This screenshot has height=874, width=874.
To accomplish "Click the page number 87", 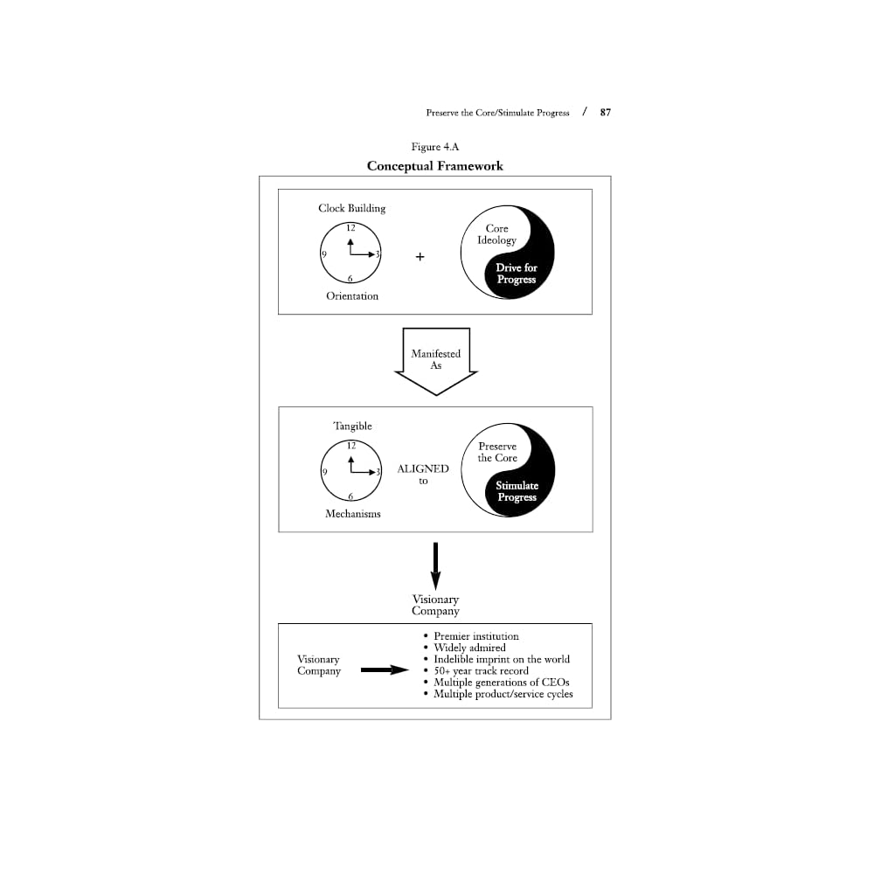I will [x=605, y=113].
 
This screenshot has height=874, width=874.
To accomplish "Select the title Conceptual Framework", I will [x=434, y=166].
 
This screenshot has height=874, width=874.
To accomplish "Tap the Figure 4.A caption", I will [x=434, y=147].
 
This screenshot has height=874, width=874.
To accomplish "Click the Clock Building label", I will [x=351, y=208].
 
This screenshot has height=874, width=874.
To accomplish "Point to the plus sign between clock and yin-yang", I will [x=420, y=257].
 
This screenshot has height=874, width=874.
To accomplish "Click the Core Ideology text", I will [x=496, y=234].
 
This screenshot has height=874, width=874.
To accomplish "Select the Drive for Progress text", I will [x=517, y=274].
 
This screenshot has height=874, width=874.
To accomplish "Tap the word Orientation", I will [x=352, y=296].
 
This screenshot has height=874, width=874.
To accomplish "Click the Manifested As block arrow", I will [x=435, y=359].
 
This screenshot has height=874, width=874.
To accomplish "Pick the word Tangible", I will [x=352, y=426].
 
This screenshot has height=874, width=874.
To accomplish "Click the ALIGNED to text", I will [x=423, y=475].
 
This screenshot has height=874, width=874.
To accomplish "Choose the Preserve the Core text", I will [x=497, y=452].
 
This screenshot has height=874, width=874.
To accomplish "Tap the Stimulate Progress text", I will [x=517, y=491].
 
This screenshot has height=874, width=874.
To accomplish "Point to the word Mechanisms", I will [x=353, y=514].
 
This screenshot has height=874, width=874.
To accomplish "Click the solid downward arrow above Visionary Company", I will [x=435, y=565].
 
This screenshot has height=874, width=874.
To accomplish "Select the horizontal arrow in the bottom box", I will [x=385, y=670].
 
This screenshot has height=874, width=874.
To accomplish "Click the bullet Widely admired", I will [x=469, y=648].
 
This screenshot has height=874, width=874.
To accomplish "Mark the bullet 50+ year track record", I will [x=481, y=670].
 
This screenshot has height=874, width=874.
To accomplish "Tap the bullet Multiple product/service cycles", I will [x=503, y=694].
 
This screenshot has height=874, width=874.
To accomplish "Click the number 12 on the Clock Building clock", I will [x=350, y=228].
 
